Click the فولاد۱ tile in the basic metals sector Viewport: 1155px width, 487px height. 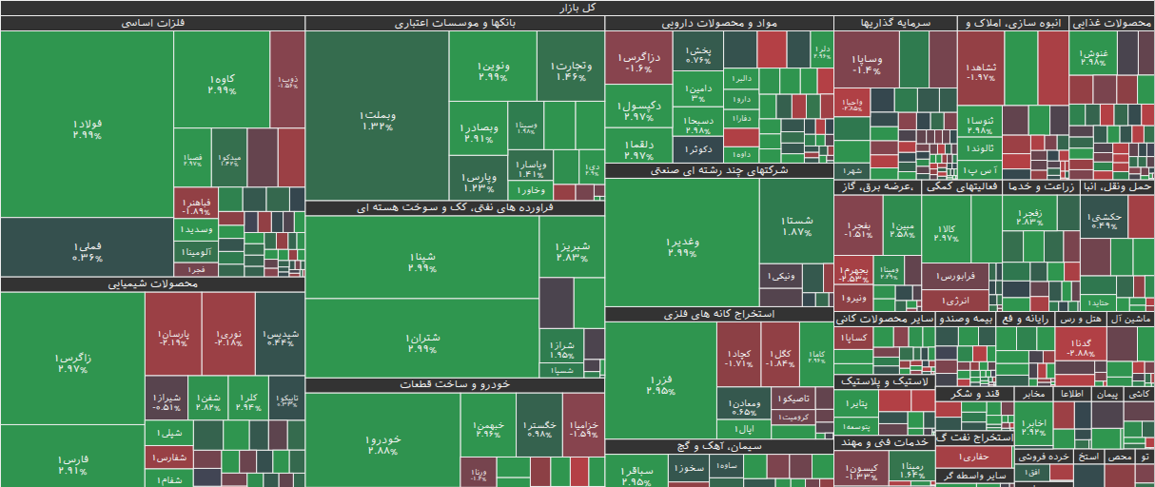pos(87,129)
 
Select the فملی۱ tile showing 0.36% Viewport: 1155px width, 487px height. pos(87,251)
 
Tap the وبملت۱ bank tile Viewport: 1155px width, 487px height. pos(378,120)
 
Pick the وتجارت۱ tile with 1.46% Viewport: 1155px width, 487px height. pos(571,70)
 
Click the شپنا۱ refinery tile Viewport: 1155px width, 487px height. pos(421,262)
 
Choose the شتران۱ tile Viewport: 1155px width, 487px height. pos(421,343)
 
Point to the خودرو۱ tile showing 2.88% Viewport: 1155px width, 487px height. pos(382,445)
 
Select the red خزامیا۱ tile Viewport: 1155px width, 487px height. pos(583,429)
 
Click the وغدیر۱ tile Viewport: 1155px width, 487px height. pos(682,246)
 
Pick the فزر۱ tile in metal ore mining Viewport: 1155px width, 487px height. pos(660,385)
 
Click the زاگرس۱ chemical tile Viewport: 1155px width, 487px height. pos(72,362)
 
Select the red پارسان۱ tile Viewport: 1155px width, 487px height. pos(172,339)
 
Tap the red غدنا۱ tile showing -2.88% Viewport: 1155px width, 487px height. pos(1081,347)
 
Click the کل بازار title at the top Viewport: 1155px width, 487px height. pos(577,8)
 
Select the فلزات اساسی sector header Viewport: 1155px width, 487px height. pos(152,24)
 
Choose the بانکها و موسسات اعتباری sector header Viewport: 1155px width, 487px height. pos(455,24)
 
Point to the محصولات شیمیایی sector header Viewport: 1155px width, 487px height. pos(152,284)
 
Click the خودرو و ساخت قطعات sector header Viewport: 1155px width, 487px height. pos(455,384)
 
